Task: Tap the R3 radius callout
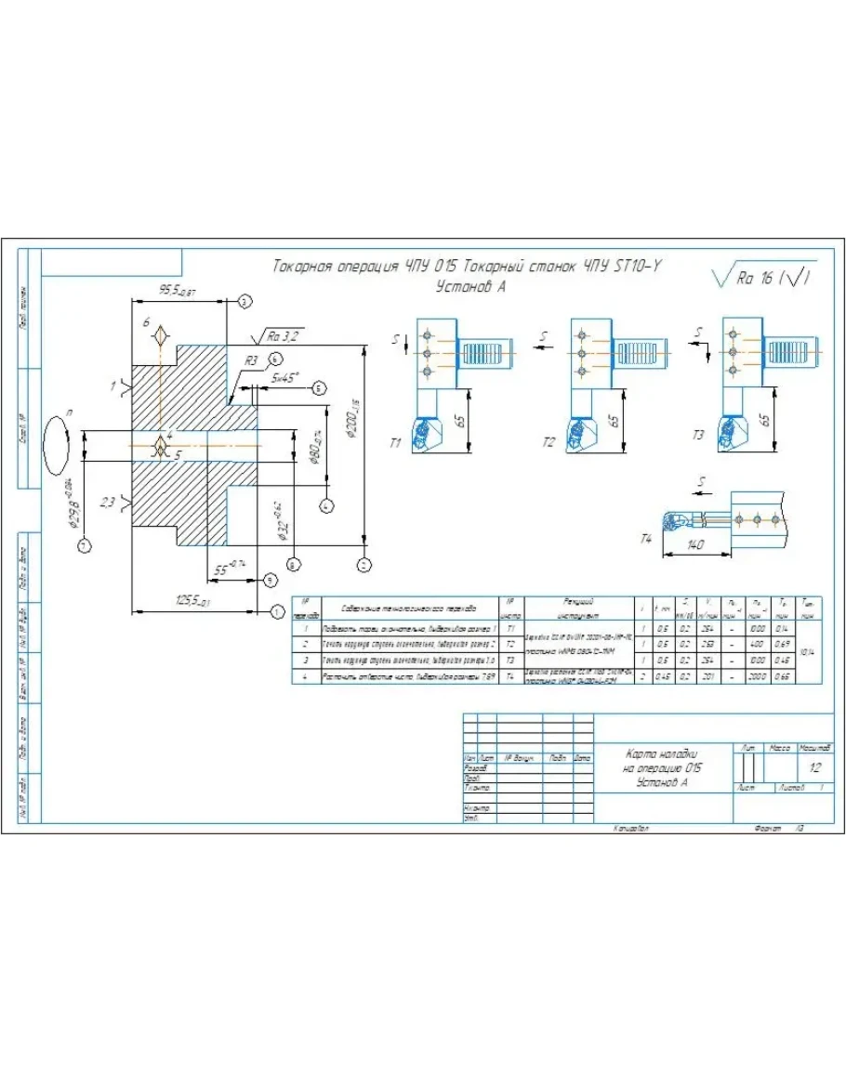tap(251, 360)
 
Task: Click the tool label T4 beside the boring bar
tap(648, 538)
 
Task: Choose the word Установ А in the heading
tap(470, 287)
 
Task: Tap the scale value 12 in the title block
tap(814, 768)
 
